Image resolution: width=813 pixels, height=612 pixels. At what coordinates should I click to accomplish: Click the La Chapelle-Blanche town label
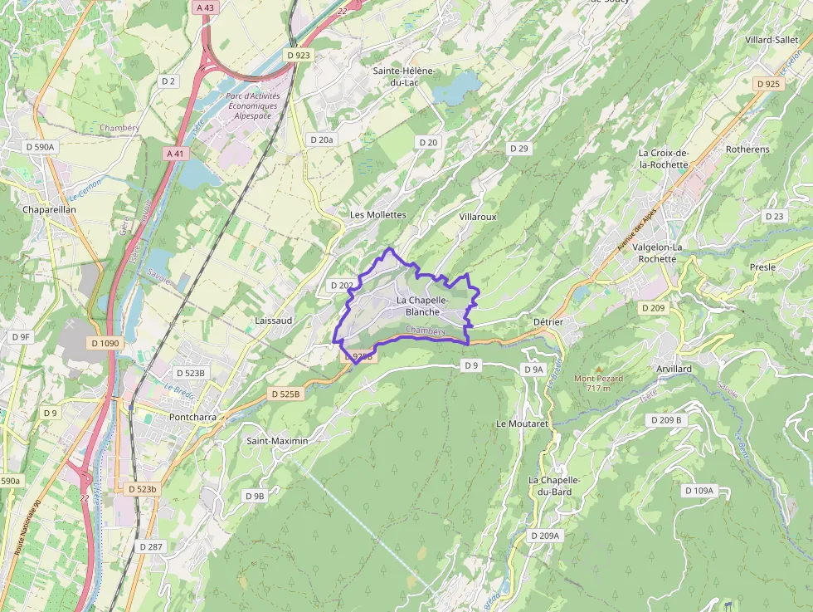click(422, 306)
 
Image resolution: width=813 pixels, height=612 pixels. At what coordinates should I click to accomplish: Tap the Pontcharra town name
click(192, 416)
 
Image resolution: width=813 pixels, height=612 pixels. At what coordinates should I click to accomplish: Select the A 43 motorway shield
click(204, 7)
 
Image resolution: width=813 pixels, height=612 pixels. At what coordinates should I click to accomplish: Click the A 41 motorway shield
click(174, 154)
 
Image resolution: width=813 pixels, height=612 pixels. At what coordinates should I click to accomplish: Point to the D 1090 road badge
click(105, 343)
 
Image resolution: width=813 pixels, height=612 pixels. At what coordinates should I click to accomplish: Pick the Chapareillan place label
click(50, 210)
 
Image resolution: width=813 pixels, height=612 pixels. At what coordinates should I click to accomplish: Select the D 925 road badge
click(768, 84)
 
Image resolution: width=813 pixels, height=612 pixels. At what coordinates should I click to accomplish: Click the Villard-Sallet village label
click(771, 40)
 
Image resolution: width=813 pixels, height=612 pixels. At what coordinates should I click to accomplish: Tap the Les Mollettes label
click(377, 214)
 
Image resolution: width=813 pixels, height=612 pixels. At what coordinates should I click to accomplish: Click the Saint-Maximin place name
click(277, 441)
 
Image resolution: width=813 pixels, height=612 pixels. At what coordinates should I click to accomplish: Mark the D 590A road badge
click(40, 147)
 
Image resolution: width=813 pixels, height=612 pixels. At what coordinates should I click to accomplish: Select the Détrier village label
click(548, 321)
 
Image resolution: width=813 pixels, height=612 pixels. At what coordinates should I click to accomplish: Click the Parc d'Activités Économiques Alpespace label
click(252, 106)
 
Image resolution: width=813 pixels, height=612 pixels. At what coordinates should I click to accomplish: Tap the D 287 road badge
click(151, 546)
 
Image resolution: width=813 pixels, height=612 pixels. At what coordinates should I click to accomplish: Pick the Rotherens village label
click(747, 149)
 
